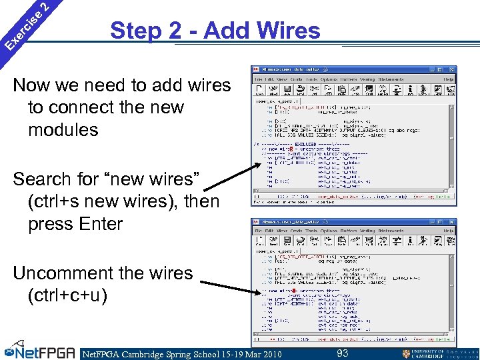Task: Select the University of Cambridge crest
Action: (407, 354)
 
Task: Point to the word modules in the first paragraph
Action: (63, 130)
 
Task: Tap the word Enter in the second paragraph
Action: (100, 224)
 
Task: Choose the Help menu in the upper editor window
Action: (449, 79)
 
